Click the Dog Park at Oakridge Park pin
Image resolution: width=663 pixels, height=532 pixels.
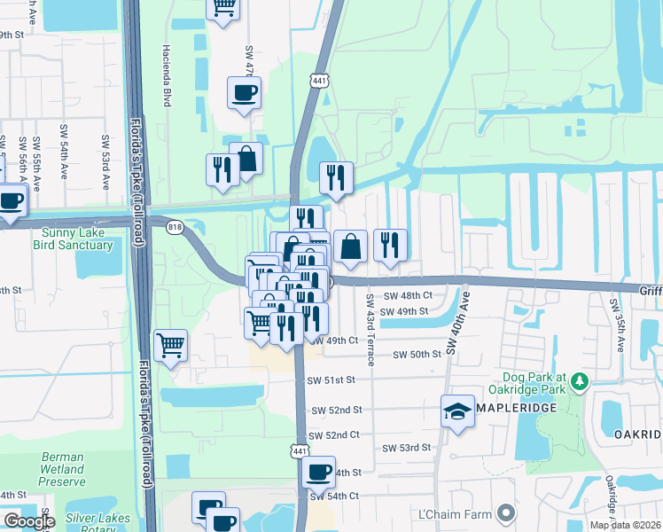(x=580, y=381)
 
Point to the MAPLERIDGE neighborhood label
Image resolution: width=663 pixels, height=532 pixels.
(x=521, y=411)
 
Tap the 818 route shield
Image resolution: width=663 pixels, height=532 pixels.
(x=174, y=227)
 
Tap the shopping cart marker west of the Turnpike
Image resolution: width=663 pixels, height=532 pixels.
(x=169, y=347)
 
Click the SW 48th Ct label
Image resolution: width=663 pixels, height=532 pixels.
(x=407, y=295)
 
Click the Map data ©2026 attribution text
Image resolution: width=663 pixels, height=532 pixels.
(x=625, y=525)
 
